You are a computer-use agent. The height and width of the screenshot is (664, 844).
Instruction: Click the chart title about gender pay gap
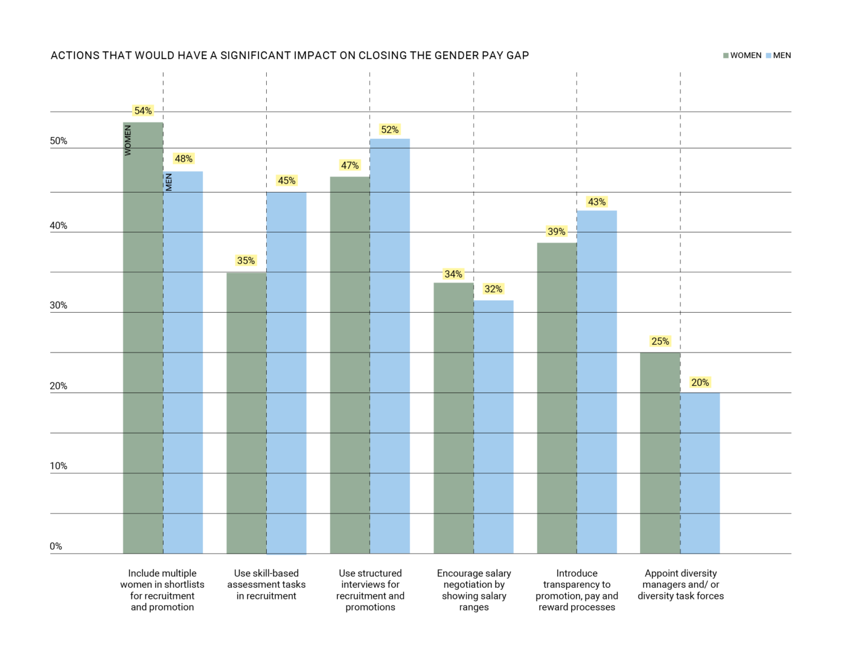[290, 56]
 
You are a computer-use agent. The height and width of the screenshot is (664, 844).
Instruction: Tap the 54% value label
[143, 111]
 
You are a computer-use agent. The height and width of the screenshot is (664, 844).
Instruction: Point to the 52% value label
[389, 130]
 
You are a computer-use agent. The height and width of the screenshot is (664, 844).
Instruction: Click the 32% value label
[493, 289]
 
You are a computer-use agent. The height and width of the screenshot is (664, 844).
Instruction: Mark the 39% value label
[557, 232]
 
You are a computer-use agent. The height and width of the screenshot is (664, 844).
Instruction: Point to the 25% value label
[660, 342]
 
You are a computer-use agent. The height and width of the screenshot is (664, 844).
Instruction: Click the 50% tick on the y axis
[59, 141]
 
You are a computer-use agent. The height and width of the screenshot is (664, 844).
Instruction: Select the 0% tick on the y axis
[56, 546]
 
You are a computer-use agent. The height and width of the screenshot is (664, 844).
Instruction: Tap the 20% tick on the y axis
[59, 386]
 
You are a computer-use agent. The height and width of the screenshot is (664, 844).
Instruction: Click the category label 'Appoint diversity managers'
[680, 584]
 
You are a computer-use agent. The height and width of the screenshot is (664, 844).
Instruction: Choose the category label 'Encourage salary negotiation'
[474, 590]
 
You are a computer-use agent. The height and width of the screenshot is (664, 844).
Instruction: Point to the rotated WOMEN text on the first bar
[128, 141]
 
